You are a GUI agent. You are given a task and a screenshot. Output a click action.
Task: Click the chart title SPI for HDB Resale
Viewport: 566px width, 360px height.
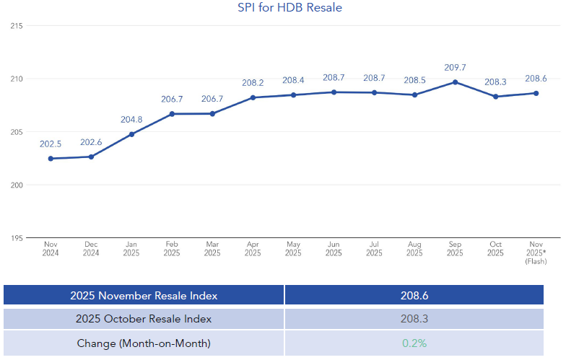point(289,8)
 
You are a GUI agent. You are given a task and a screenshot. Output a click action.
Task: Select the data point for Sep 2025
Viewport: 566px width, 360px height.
point(455,82)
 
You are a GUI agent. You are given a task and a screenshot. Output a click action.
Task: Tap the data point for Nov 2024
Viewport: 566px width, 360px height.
point(51,158)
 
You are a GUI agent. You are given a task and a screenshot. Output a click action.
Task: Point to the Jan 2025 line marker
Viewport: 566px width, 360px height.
point(131,134)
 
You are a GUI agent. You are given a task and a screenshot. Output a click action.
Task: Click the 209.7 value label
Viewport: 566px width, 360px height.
point(455,68)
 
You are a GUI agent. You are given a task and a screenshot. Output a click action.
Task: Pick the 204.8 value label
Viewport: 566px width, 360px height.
point(131,120)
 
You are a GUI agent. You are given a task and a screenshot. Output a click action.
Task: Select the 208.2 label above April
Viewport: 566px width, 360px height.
point(253,83)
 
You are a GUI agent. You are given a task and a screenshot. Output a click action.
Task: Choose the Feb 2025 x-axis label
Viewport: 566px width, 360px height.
point(172,249)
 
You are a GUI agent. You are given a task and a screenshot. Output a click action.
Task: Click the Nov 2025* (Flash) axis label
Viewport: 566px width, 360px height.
point(536,252)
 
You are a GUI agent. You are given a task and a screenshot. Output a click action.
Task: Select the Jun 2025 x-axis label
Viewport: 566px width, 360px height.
point(334,249)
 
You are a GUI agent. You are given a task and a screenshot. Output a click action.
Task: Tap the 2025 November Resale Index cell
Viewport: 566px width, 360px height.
point(144,295)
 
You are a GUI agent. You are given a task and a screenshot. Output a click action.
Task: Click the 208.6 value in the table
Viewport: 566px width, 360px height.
point(414,295)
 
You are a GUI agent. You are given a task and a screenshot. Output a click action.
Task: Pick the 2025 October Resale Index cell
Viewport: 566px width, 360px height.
point(144,319)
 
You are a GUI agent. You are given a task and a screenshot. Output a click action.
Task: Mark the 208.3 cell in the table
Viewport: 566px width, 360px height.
point(414,319)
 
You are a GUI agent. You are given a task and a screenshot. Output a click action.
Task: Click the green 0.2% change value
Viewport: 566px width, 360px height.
point(414,343)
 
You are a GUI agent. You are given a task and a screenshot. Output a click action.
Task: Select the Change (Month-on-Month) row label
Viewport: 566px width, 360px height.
point(144,343)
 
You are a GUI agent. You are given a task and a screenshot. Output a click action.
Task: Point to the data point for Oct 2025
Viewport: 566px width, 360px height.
point(495,96)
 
